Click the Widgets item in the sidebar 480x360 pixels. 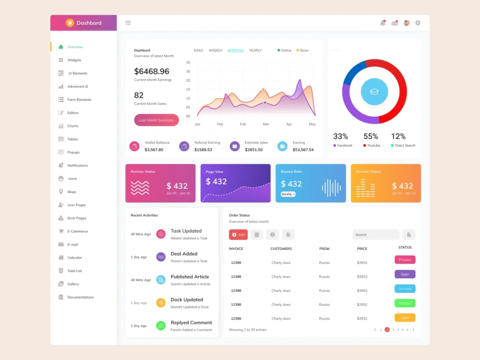(x=74, y=60)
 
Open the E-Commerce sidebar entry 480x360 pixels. (x=77, y=231)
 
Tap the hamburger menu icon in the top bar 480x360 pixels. (x=128, y=23)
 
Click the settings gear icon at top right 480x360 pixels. (x=418, y=23)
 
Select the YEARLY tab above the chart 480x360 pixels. (x=255, y=50)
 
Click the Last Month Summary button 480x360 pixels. (x=156, y=120)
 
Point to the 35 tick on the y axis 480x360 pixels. (x=188, y=62)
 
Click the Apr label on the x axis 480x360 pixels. (x=289, y=124)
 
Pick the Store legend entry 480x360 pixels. (x=303, y=50)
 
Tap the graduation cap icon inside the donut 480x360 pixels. (x=374, y=91)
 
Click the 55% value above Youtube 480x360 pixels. (x=371, y=136)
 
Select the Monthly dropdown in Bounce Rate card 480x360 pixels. (x=288, y=194)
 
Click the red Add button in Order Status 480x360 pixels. (x=238, y=235)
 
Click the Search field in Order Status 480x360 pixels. (x=376, y=235)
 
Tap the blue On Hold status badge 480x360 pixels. (x=405, y=289)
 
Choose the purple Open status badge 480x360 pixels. (x=405, y=275)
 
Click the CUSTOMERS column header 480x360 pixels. (x=281, y=249)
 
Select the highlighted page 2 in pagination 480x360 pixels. (x=387, y=330)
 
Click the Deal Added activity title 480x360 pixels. (x=184, y=254)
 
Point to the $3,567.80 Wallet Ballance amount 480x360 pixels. (x=154, y=150)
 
